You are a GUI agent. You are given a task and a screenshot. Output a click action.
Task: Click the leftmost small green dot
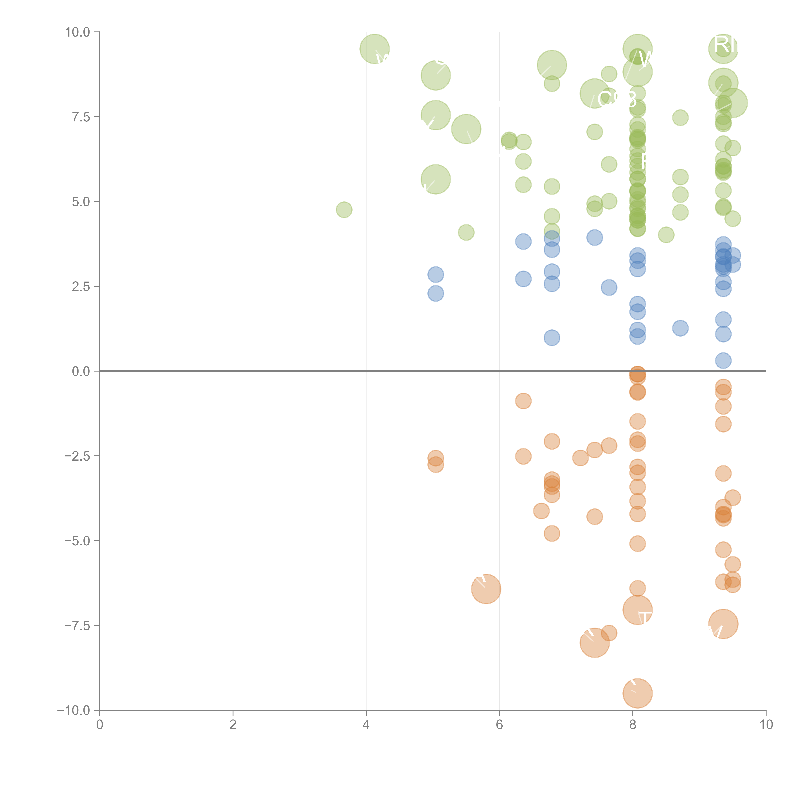(x=344, y=210)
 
